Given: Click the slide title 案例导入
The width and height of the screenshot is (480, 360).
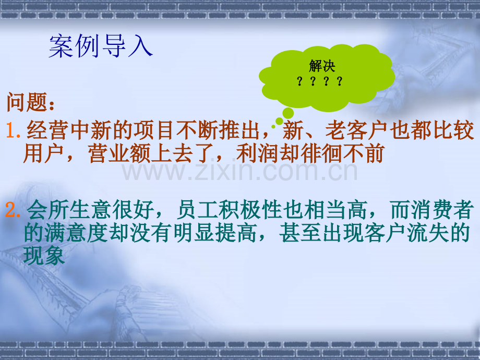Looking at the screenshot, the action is [x=101, y=46].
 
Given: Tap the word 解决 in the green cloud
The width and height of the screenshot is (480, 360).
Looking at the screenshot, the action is [x=322, y=66].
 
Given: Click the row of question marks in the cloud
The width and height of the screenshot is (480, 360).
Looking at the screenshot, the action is [x=320, y=81].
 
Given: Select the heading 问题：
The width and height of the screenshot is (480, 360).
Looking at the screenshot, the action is [x=31, y=102].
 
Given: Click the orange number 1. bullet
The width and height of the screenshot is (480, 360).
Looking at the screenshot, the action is [x=14, y=130].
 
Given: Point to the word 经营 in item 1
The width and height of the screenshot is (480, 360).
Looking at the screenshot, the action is [x=47, y=130].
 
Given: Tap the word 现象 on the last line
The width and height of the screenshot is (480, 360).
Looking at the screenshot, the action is [x=44, y=255].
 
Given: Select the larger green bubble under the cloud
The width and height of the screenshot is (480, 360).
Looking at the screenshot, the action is [x=288, y=113].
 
